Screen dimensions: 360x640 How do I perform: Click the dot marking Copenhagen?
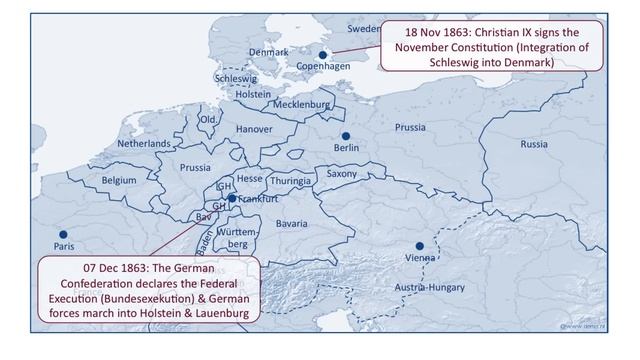pyautogui.click(x=323, y=56)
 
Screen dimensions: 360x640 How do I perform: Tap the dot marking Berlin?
pyautogui.click(x=346, y=136)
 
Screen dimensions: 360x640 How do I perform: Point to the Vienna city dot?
pyautogui.click(x=421, y=246)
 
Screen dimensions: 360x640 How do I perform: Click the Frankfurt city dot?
pyautogui.click(x=232, y=198)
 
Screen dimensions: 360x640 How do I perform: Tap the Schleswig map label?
pyautogui.click(x=236, y=78)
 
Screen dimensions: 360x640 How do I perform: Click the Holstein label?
pyautogui.click(x=253, y=94)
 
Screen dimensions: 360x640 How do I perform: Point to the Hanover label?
pyautogui.click(x=254, y=129)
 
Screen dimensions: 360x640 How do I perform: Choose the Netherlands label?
pyautogui.click(x=144, y=144)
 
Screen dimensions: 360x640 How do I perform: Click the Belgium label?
pyautogui.click(x=118, y=180)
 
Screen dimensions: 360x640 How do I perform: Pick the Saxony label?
pyautogui.click(x=342, y=174)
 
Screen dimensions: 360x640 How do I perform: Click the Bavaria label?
pyautogui.click(x=291, y=224)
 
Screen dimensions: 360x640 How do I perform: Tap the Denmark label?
pyautogui.click(x=268, y=52)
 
